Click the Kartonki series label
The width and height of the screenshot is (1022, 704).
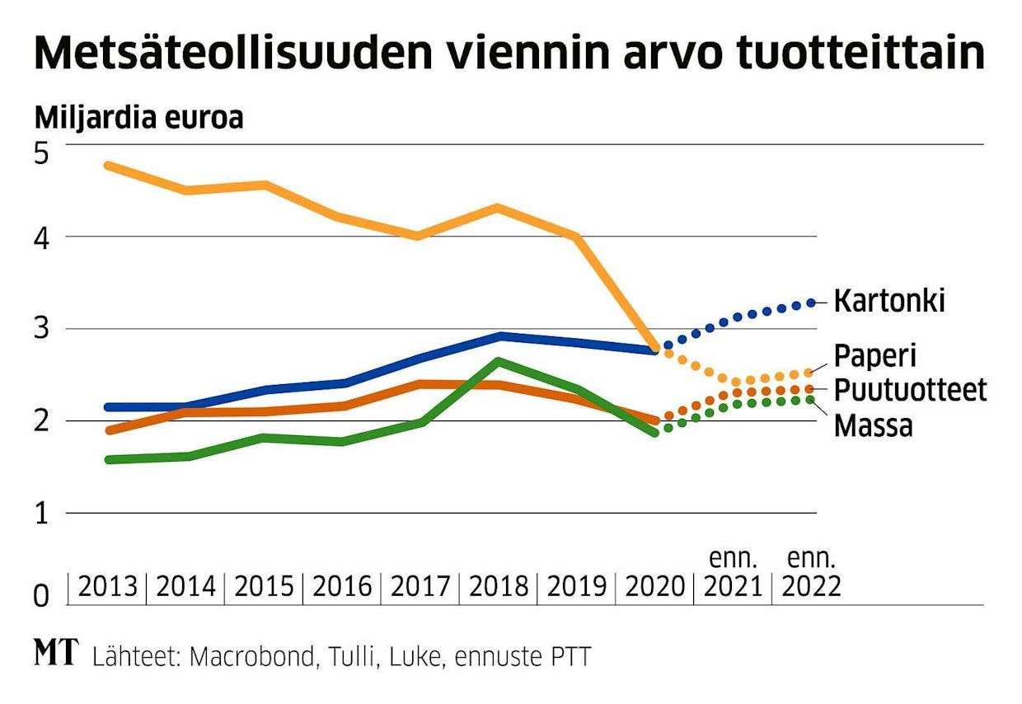pos(888,302)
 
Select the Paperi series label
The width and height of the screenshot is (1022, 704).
pos(874,356)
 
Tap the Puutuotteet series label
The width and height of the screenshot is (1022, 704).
pos(910,390)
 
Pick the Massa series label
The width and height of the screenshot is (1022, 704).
pos(873,425)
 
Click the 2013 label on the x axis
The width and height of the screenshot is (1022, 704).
pos(107,587)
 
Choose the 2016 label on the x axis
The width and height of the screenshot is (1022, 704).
pos(341,587)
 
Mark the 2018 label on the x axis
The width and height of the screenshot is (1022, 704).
pos(498,587)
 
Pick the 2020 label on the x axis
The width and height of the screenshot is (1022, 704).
pos(654,587)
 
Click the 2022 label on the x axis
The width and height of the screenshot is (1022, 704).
pos(811,587)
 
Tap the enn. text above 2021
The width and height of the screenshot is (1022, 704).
pos(733,559)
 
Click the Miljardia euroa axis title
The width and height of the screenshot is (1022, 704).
pos(138,119)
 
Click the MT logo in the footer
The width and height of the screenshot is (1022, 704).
pos(56,655)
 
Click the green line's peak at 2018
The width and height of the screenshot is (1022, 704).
pos(498,361)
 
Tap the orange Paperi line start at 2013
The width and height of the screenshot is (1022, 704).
pos(109,166)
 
